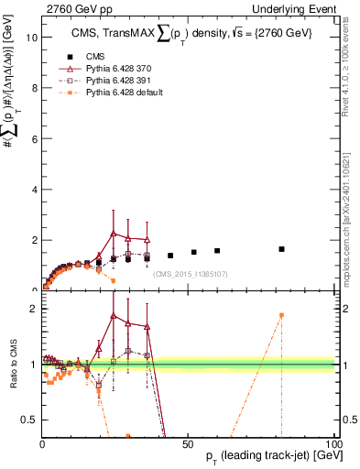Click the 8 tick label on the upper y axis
click(x=34, y=89)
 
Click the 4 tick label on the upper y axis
click(x=34, y=190)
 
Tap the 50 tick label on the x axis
click(x=189, y=442)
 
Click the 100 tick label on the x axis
click(x=333, y=442)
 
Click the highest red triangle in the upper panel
click(x=113, y=234)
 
